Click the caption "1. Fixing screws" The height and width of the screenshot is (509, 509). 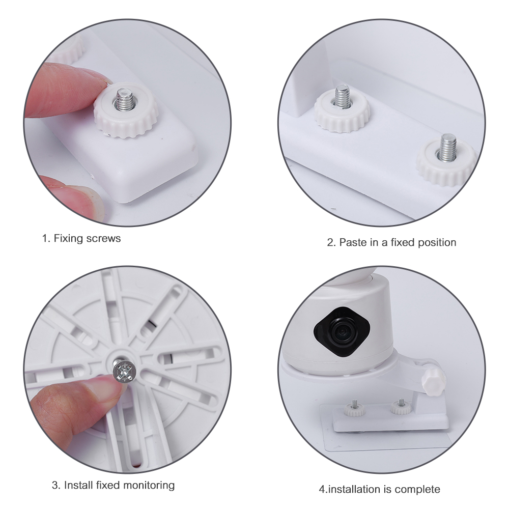click(81, 238)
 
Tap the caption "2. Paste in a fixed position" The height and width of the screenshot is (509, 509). click(391, 242)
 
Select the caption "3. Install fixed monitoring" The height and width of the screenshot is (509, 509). click(113, 485)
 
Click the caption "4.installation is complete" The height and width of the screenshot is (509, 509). click(379, 490)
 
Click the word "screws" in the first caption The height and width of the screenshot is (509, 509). click(104, 238)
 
